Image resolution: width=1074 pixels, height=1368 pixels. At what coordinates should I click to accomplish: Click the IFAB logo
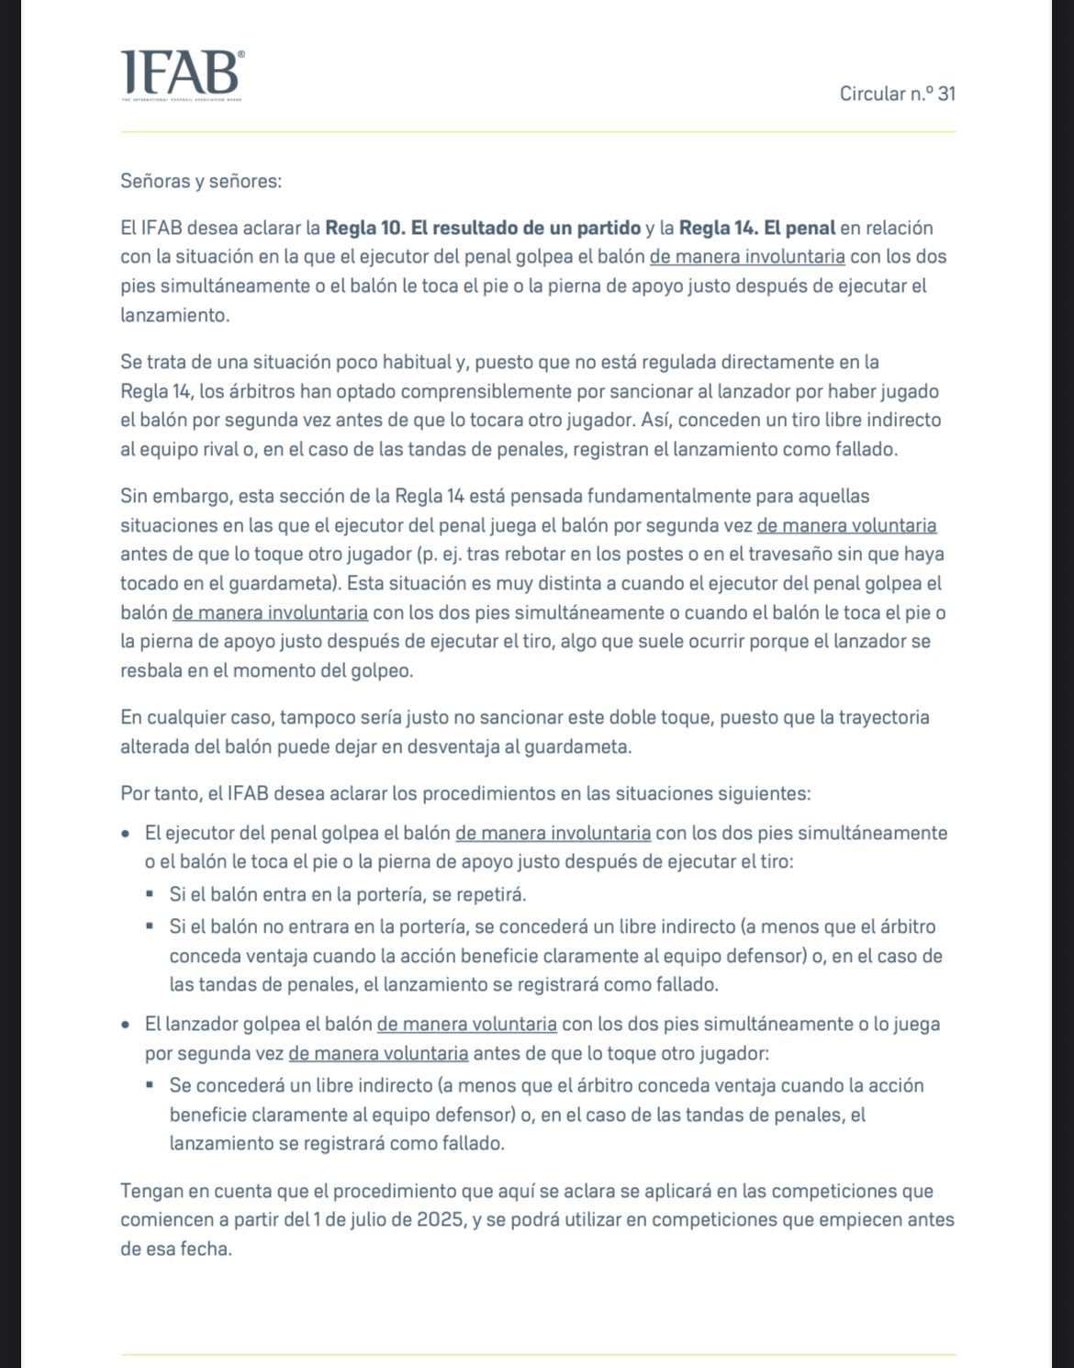[x=183, y=73]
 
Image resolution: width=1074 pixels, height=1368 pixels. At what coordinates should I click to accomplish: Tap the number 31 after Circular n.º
[x=946, y=94]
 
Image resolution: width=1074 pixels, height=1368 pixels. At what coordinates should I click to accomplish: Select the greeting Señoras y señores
[x=201, y=181]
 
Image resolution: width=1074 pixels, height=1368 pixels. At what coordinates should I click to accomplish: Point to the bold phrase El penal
[x=800, y=227]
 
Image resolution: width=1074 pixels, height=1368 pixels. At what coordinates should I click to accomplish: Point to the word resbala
[x=151, y=670]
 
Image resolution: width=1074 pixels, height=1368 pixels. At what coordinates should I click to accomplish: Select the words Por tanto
[x=158, y=792]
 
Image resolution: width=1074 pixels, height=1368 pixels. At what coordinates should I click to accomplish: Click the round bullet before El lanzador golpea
[x=126, y=1024]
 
